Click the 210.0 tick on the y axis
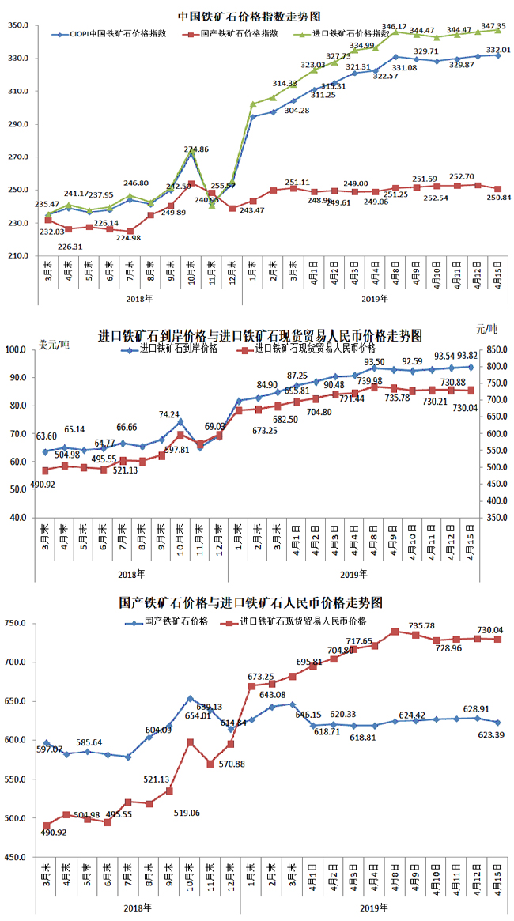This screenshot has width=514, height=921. tap(21, 255)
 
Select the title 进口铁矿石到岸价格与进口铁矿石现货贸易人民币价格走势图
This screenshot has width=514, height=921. tap(259, 334)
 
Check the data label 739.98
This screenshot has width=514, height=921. tap(369, 381)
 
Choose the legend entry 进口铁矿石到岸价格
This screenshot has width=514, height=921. tap(178, 347)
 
